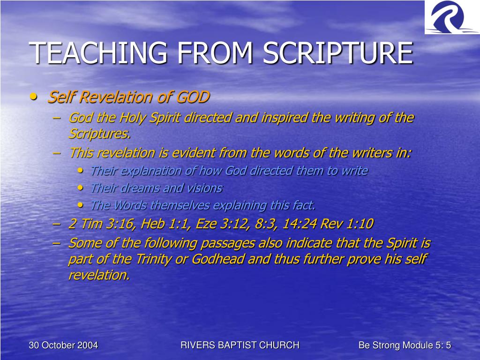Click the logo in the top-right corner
pos(452,17)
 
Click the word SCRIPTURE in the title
pos(338,52)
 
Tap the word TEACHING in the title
pos(98,52)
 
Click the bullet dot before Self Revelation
pos(33,97)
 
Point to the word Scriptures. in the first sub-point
pos(99,134)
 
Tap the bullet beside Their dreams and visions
pos(81,187)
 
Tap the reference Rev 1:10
pos(346,224)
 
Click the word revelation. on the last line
pos(99,275)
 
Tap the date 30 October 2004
pos(63,345)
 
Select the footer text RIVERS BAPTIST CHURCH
pos(240,345)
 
